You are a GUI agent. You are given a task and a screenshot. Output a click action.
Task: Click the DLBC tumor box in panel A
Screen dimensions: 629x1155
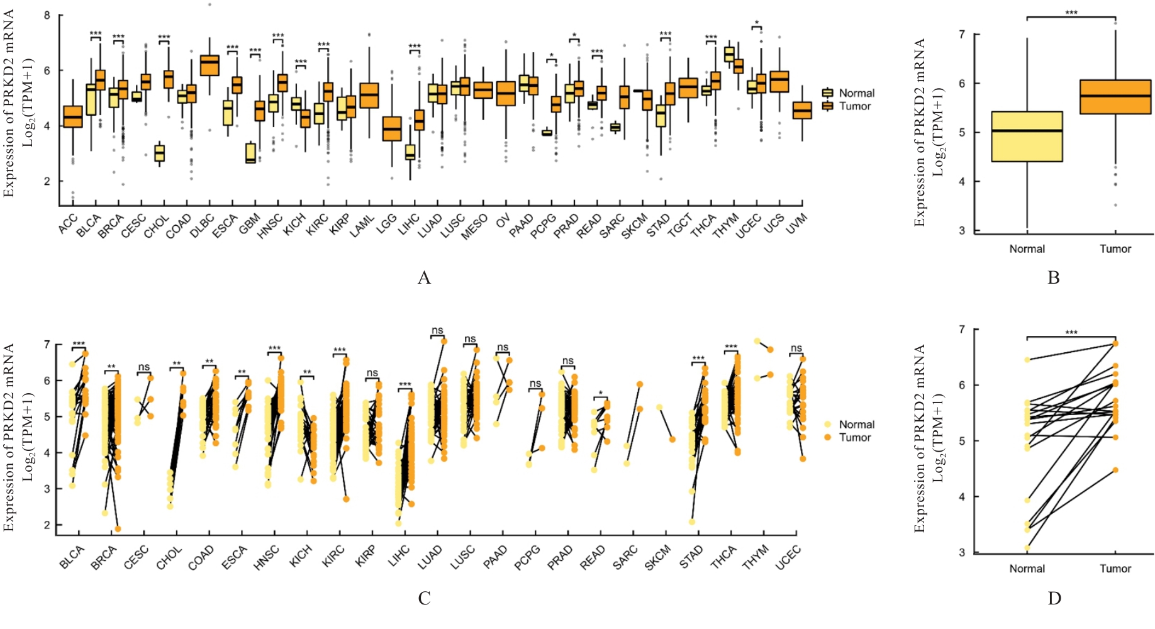pos(209,65)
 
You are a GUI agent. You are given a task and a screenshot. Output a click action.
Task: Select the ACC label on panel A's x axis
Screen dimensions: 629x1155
pos(68,223)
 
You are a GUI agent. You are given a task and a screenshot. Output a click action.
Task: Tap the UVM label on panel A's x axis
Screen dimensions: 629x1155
pos(796,224)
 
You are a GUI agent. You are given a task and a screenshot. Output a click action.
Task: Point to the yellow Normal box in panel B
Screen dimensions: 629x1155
pos(1027,136)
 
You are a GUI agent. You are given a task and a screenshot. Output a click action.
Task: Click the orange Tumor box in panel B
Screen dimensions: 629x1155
pos(1115,97)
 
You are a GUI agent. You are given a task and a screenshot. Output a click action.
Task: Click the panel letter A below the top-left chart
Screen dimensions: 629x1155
pos(424,277)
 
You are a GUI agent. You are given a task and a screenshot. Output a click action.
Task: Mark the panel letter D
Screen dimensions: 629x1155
pos(1054,598)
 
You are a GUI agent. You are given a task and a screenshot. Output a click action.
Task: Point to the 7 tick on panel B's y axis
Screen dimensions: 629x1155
pos(961,34)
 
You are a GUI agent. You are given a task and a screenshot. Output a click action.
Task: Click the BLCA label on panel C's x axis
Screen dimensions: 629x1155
pos(72,557)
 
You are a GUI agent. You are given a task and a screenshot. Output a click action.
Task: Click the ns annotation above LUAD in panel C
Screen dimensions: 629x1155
pos(437,330)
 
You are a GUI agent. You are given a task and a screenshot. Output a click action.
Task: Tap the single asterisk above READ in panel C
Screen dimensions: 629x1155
pos(601,393)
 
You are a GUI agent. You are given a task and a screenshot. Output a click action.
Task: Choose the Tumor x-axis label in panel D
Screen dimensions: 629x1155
pos(1115,569)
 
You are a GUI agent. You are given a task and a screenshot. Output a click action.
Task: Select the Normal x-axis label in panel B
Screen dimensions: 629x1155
pos(1027,249)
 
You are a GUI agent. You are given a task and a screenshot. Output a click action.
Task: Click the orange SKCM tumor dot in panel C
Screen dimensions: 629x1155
pos(672,439)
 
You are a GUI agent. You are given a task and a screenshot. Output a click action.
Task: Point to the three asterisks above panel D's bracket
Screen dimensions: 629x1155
pos(1071,333)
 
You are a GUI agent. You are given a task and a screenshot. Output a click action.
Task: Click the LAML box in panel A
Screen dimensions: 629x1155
pos(369,95)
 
